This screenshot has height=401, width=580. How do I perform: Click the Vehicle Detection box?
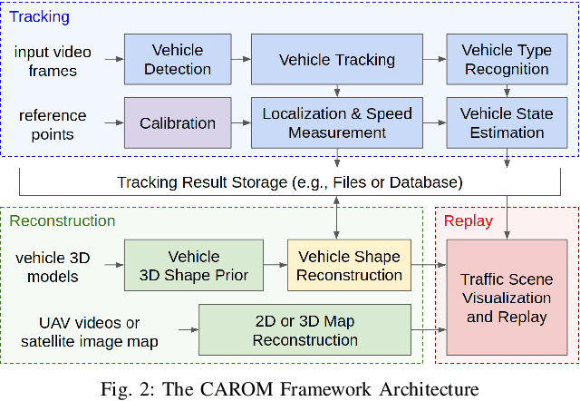177,60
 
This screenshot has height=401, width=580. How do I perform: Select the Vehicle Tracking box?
336,60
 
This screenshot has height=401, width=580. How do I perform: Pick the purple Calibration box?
177,123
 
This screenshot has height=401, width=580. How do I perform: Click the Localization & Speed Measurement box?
336,123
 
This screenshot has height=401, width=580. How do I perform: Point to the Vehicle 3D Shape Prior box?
193,266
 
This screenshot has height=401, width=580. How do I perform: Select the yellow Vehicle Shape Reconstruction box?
350,266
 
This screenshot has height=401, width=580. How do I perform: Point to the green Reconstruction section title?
63,220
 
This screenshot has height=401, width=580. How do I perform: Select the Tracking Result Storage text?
290,182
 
